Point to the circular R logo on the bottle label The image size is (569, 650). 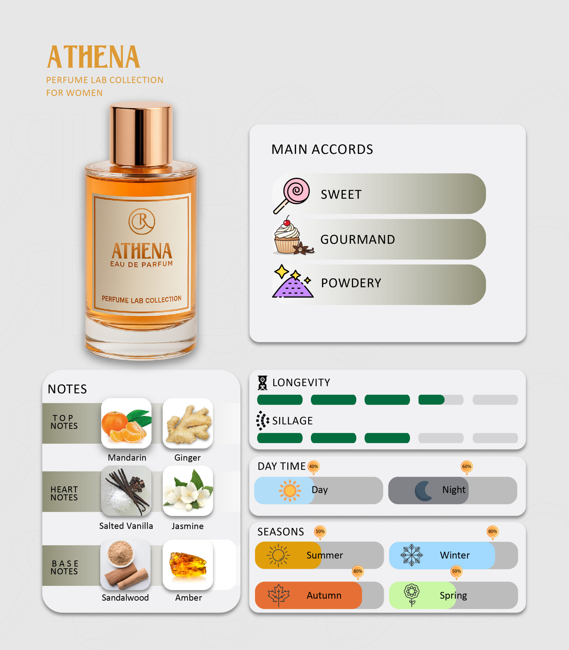[142, 221]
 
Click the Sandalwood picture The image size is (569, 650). [125, 565]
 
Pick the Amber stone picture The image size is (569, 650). [188, 565]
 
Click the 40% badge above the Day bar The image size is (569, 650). [313, 467]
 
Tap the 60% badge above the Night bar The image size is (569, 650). [466, 467]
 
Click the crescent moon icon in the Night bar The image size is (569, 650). [423, 491]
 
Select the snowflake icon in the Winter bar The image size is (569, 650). [411, 555]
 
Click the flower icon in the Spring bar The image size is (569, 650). [412, 595]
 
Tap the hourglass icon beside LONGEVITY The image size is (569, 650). [262, 383]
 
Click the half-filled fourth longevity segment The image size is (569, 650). [441, 400]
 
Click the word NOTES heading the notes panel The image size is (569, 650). [67, 389]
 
